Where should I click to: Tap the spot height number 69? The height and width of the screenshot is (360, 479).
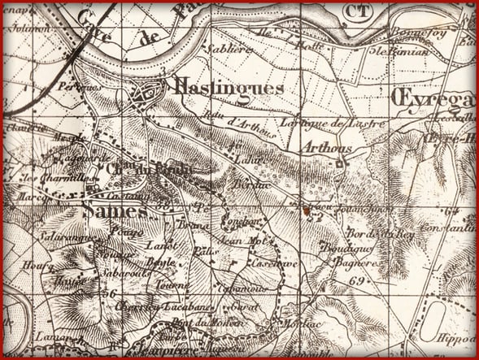355,280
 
